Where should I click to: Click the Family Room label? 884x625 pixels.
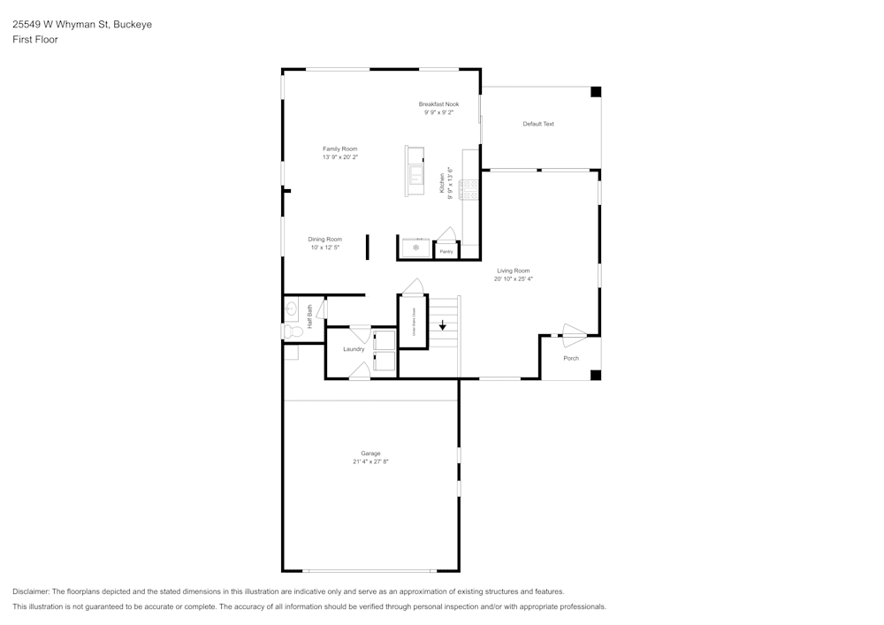click(x=339, y=149)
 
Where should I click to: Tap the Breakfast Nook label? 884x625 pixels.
click(x=438, y=104)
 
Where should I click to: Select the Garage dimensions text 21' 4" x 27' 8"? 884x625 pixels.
click(x=370, y=461)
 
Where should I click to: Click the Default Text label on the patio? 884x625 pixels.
click(x=537, y=124)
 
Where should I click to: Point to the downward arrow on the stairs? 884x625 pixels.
click(x=443, y=324)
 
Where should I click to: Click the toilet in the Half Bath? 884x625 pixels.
click(x=293, y=332)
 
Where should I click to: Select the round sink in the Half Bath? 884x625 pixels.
click(x=292, y=309)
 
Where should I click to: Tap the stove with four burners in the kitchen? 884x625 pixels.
click(x=469, y=188)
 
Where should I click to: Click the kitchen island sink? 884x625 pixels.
click(x=415, y=172)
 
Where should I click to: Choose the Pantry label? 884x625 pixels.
click(x=446, y=252)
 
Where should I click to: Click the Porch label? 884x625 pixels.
click(x=571, y=358)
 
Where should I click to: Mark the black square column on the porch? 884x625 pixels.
click(x=595, y=375)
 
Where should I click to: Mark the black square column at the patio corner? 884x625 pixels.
click(x=595, y=91)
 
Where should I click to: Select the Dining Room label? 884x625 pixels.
click(x=324, y=239)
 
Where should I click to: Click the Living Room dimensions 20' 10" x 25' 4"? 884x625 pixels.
click(x=513, y=278)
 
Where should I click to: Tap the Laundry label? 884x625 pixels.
click(x=354, y=349)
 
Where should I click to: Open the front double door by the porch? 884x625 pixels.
click(x=573, y=334)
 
